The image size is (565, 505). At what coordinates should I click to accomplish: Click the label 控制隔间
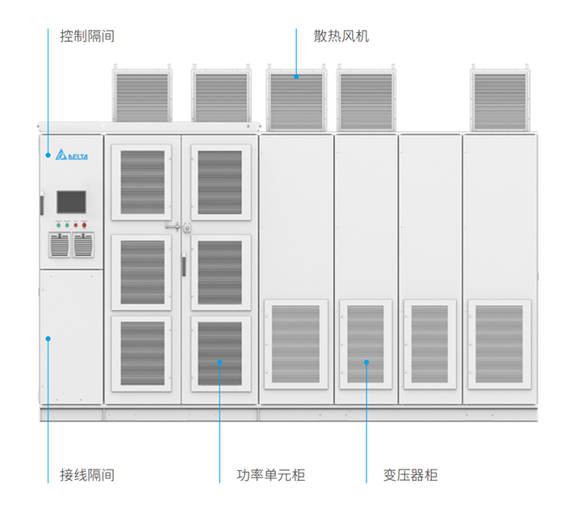(x=86, y=36)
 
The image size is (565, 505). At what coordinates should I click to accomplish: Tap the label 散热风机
(x=341, y=36)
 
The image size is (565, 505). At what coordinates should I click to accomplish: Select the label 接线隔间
(x=86, y=475)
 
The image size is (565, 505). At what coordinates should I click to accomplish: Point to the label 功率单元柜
(x=270, y=475)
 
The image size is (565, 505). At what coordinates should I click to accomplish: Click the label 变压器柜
(x=410, y=475)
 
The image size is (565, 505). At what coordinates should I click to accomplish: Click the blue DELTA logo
(x=72, y=156)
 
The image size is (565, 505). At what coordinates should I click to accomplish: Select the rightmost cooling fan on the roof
(x=501, y=97)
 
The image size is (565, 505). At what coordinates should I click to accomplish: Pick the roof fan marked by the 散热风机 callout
(x=295, y=97)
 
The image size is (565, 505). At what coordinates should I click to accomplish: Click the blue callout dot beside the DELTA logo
(x=48, y=154)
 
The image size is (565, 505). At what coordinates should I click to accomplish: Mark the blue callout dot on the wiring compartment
(x=48, y=338)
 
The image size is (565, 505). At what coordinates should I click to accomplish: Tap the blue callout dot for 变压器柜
(x=366, y=363)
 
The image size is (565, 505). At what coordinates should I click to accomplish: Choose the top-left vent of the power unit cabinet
(x=142, y=182)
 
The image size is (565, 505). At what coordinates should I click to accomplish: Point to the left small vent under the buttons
(x=60, y=245)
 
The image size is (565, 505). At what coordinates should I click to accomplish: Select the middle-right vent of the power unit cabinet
(x=220, y=272)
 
